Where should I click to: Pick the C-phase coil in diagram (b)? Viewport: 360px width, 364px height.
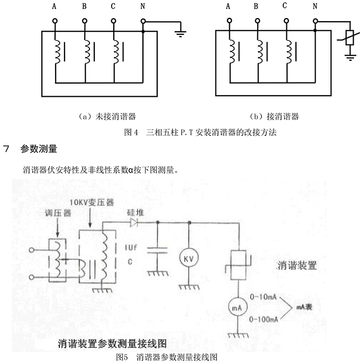[288, 51]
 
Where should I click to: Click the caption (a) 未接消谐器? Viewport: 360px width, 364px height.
[99, 115]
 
